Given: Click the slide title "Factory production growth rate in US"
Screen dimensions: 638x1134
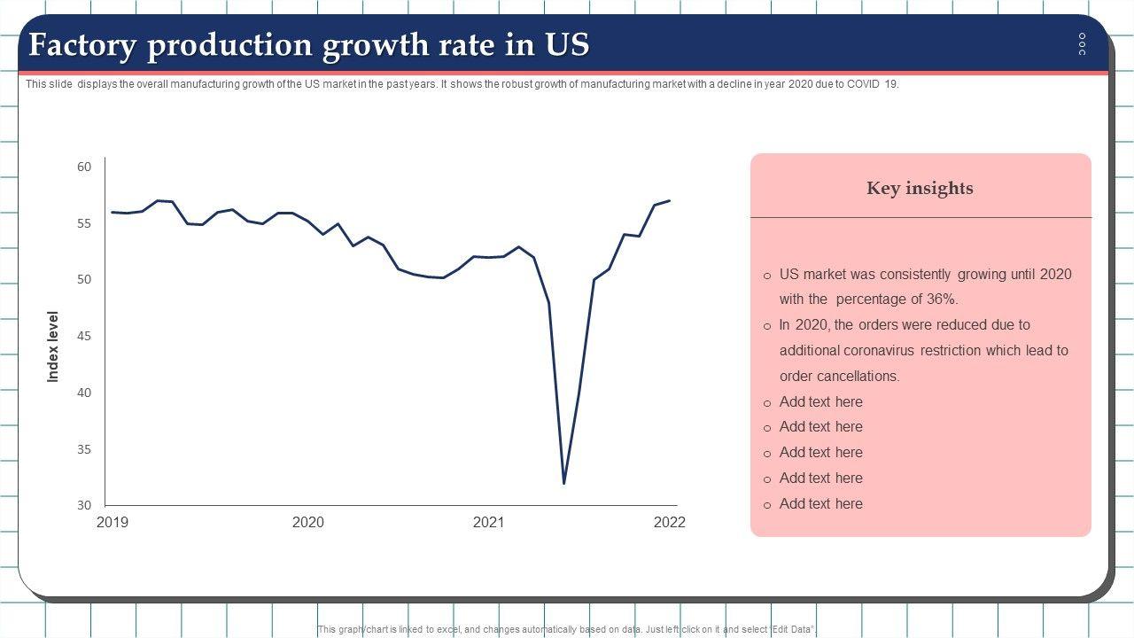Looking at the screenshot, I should coord(309,45).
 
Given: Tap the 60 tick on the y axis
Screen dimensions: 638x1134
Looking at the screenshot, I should coord(84,167).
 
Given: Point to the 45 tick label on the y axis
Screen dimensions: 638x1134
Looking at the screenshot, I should coord(84,336).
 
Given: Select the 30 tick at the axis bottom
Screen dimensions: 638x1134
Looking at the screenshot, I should coord(84,505).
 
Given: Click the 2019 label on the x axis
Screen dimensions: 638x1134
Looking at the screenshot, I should coord(112,523).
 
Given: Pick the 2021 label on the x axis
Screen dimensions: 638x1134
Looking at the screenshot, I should coord(488,523).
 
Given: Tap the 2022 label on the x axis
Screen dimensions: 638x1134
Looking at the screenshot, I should coord(669,523).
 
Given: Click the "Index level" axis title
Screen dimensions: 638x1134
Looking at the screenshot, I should coord(53,346).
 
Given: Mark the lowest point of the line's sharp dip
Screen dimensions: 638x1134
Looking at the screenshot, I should coord(563,482).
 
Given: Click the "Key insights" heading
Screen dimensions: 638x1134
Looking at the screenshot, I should coord(920,188).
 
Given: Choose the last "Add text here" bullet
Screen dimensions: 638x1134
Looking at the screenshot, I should coord(820,504).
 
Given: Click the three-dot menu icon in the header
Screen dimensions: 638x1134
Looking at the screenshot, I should coord(1082,44).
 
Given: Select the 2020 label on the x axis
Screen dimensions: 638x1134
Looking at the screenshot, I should coord(307,523).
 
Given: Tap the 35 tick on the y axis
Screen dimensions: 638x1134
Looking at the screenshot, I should coord(84,449).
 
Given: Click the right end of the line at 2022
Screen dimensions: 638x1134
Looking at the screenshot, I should coord(669,201).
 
